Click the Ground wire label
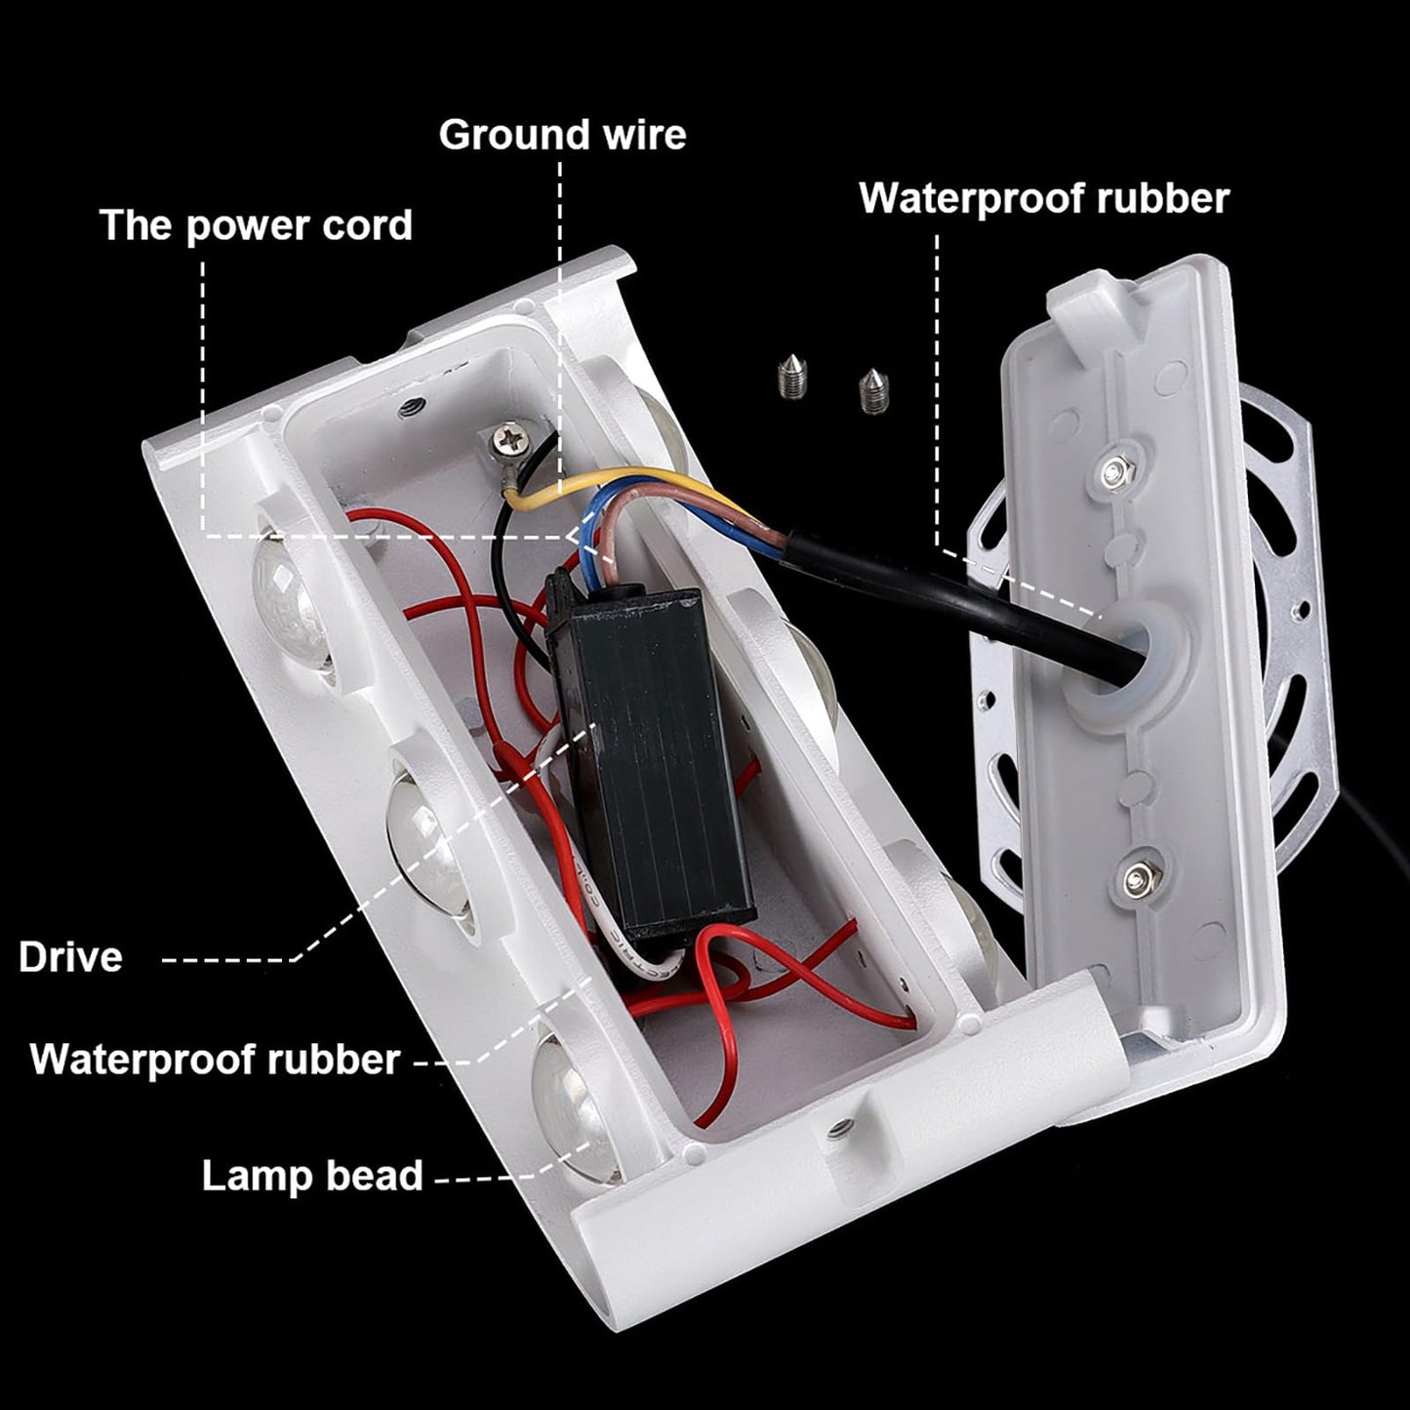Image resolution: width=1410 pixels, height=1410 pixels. click(562, 136)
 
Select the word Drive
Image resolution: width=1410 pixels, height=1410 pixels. click(70, 957)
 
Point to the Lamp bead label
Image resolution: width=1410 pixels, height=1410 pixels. click(312, 1176)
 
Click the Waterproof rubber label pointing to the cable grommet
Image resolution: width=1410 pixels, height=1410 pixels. click(1044, 198)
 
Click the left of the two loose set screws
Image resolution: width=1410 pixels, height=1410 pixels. click(790, 374)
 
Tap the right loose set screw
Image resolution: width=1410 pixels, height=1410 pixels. click(872, 390)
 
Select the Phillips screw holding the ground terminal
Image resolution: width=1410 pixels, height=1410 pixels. click(509, 440)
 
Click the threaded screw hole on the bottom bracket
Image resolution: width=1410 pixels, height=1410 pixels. click(836, 1130)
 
